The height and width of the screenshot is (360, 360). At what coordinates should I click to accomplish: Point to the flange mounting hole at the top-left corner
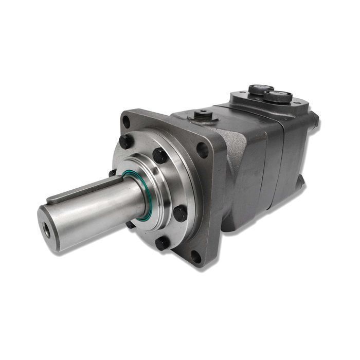(x=126, y=122)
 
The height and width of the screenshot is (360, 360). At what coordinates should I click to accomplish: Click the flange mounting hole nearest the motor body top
(x=202, y=150)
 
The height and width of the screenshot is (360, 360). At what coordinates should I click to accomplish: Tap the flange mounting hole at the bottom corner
(x=195, y=257)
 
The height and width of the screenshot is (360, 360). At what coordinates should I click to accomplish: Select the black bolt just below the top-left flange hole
(x=125, y=141)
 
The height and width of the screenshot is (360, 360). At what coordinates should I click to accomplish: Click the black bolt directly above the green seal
(x=159, y=155)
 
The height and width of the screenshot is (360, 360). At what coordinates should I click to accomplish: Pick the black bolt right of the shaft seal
(x=180, y=213)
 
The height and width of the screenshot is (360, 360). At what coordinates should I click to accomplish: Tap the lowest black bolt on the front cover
(x=163, y=243)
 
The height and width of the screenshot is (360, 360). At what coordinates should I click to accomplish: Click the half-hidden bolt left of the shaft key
(x=112, y=173)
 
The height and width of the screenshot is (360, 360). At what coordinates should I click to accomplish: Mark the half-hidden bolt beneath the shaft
(x=131, y=224)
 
